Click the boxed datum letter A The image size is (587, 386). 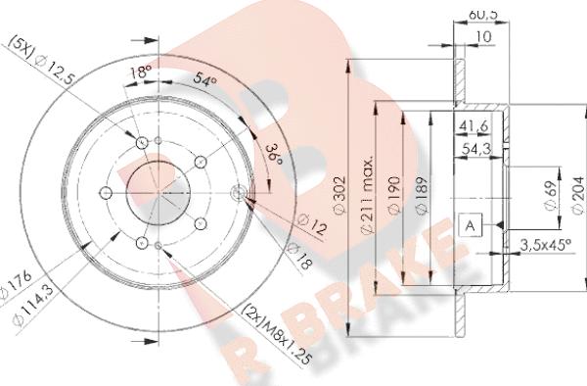click(x=470, y=226)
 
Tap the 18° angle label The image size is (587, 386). click(x=142, y=72)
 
